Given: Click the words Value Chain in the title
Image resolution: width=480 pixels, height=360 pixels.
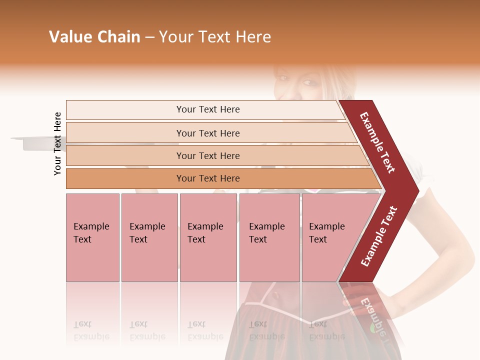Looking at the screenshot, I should point(94,37).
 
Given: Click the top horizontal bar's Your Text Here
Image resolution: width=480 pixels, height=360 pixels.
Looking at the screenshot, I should point(208,109).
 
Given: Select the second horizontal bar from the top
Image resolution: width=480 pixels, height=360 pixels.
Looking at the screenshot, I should point(208,133).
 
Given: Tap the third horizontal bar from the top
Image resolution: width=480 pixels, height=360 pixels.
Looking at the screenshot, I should point(208,156).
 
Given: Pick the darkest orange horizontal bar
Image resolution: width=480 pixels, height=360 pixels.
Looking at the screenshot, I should point(208,178).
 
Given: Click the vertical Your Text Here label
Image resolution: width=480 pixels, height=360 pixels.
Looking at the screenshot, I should point(57,143).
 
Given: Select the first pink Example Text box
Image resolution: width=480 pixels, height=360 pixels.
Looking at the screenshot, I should point(92,237).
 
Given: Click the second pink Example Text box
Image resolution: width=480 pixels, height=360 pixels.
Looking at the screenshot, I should point(149,237).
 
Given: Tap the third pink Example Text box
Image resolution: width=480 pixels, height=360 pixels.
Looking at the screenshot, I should point(208,237).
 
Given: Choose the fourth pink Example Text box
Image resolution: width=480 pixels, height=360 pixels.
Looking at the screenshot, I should point(269,237).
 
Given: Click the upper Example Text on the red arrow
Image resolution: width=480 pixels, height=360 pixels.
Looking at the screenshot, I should point(377,142).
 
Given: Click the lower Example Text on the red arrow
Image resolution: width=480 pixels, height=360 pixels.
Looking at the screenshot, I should point(379,236).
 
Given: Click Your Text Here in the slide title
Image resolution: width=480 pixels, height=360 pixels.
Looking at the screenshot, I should point(215,37).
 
